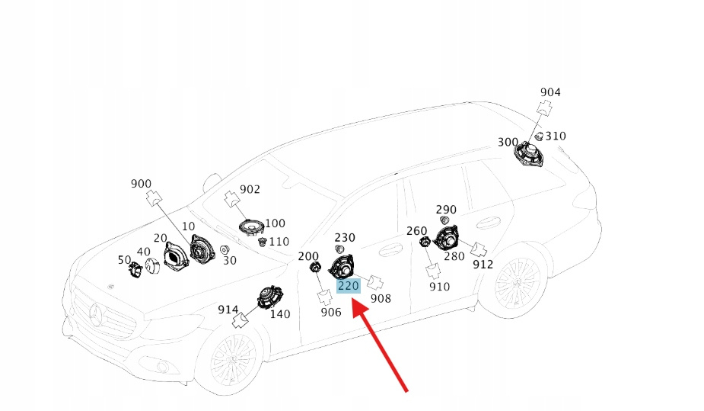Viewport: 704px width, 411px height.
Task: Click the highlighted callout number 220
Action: pyautogui.click(x=348, y=286)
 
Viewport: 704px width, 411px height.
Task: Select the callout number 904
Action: pyautogui.click(x=550, y=92)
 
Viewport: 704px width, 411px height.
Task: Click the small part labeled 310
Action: pyautogui.click(x=538, y=136)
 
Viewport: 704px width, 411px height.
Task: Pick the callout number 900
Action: pyautogui.click(x=142, y=184)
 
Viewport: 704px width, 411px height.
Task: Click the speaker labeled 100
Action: pyautogui.click(x=250, y=226)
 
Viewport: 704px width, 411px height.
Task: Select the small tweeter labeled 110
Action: pyautogui.click(x=263, y=242)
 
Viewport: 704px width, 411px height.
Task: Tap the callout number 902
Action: pyautogui.click(x=250, y=189)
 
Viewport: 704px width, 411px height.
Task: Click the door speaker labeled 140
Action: pyautogui.click(x=268, y=297)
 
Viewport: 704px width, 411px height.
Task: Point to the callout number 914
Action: pyautogui.click(x=228, y=309)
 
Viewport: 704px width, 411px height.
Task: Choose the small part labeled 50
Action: pyautogui.click(x=135, y=268)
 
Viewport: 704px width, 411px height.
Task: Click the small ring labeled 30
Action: pyautogui.click(x=225, y=249)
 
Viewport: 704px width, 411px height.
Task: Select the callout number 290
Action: pyautogui.click(x=446, y=210)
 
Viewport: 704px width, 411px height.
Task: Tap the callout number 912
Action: pyautogui.click(x=483, y=265)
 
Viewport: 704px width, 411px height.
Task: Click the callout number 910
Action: pyautogui.click(x=439, y=287)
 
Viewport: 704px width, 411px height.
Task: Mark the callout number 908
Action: pyautogui.click(x=381, y=298)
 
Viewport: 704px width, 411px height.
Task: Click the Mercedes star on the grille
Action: pyautogui.click(x=97, y=313)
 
